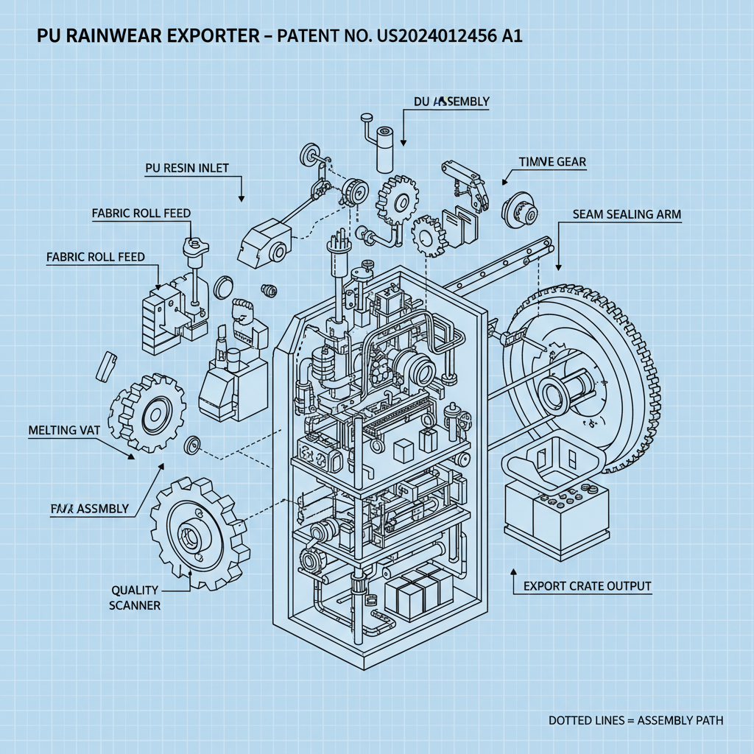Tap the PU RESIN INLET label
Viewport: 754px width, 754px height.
186,168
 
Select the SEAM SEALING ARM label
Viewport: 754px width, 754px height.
627,214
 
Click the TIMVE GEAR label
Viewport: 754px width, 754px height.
552,162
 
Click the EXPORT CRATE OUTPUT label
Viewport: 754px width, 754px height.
587,586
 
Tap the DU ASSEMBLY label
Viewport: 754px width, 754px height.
451,102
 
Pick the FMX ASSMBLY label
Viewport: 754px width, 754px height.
91,508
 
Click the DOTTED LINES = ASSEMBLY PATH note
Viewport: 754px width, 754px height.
635,719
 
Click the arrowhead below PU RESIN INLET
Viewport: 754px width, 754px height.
241,199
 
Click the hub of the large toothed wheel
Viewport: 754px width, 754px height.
559,390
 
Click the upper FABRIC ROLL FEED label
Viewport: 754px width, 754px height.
141,214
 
